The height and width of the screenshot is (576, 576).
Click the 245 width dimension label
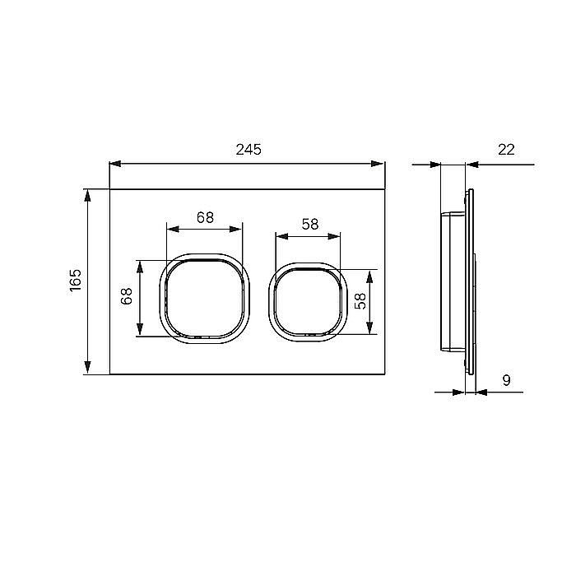(x=249, y=150)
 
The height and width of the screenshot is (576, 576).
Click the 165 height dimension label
(x=76, y=281)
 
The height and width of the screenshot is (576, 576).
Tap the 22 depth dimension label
(x=506, y=150)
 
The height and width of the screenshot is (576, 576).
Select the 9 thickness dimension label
(x=506, y=380)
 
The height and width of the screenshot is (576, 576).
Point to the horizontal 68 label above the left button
(x=205, y=217)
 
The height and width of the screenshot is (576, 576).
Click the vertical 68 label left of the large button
(x=126, y=296)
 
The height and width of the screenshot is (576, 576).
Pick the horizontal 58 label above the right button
(x=310, y=224)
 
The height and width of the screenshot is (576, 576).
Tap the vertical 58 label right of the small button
(x=360, y=301)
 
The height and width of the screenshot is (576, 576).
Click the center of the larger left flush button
(x=205, y=298)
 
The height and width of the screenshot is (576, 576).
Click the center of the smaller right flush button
(x=308, y=302)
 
